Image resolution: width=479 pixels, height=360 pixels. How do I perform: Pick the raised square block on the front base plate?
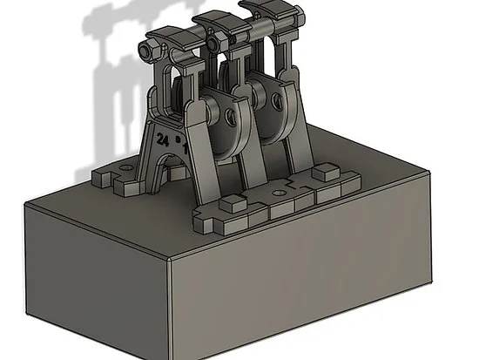tap(233, 204)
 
